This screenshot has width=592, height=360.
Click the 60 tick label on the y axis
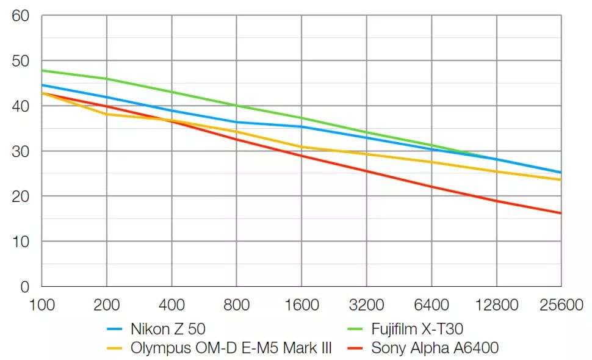click(21, 16)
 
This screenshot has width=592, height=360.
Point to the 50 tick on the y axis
click(21, 61)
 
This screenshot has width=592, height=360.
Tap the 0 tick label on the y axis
click(25, 286)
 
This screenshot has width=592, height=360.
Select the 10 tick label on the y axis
click(21, 242)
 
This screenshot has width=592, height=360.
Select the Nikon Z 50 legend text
click(168, 330)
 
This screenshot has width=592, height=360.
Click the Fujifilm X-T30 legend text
click(417, 330)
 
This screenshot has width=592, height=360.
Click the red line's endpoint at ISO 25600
click(561, 213)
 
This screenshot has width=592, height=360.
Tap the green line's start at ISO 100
click(42, 70)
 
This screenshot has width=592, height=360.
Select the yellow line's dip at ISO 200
click(107, 114)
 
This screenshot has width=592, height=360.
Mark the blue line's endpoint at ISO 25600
click(561, 173)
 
